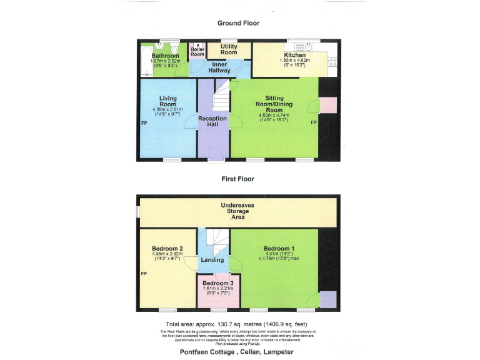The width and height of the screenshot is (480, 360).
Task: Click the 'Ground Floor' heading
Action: [238, 23]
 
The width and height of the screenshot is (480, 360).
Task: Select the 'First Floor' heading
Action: [238, 179]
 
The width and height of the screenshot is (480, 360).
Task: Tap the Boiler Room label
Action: [197, 52]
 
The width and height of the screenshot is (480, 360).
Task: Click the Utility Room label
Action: [229, 49]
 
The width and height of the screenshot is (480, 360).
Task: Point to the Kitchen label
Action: [295, 55]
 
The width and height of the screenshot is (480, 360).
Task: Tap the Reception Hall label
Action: [212, 121]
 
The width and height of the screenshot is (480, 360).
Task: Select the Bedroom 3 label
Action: [217, 283]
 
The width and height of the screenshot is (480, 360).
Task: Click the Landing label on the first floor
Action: [212, 259]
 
